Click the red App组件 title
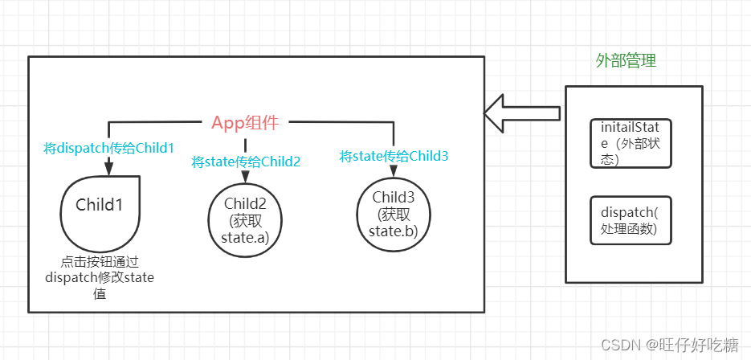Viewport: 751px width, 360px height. [x=245, y=122]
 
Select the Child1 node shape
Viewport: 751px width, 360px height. [x=100, y=215]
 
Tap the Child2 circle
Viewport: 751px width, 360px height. [x=244, y=217]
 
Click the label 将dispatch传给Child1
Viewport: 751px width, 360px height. [x=108, y=148]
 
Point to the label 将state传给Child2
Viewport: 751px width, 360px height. [x=246, y=162]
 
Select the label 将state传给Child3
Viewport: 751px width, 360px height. [x=394, y=156]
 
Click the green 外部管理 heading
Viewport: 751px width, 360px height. [x=626, y=62]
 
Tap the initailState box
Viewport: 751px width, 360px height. [x=630, y=142]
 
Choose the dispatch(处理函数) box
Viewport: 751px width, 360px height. [x=630, y=219]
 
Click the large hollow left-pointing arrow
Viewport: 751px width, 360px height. [x=522, y=112]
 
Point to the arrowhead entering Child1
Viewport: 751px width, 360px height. [x=108, y=168]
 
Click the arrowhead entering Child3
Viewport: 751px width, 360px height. [x=394, y=172]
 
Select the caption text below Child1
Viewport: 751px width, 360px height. [x=100, y=277]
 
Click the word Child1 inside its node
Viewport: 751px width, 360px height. [x=100, y=204]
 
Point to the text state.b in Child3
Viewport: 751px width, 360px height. [x=393, y=231]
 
